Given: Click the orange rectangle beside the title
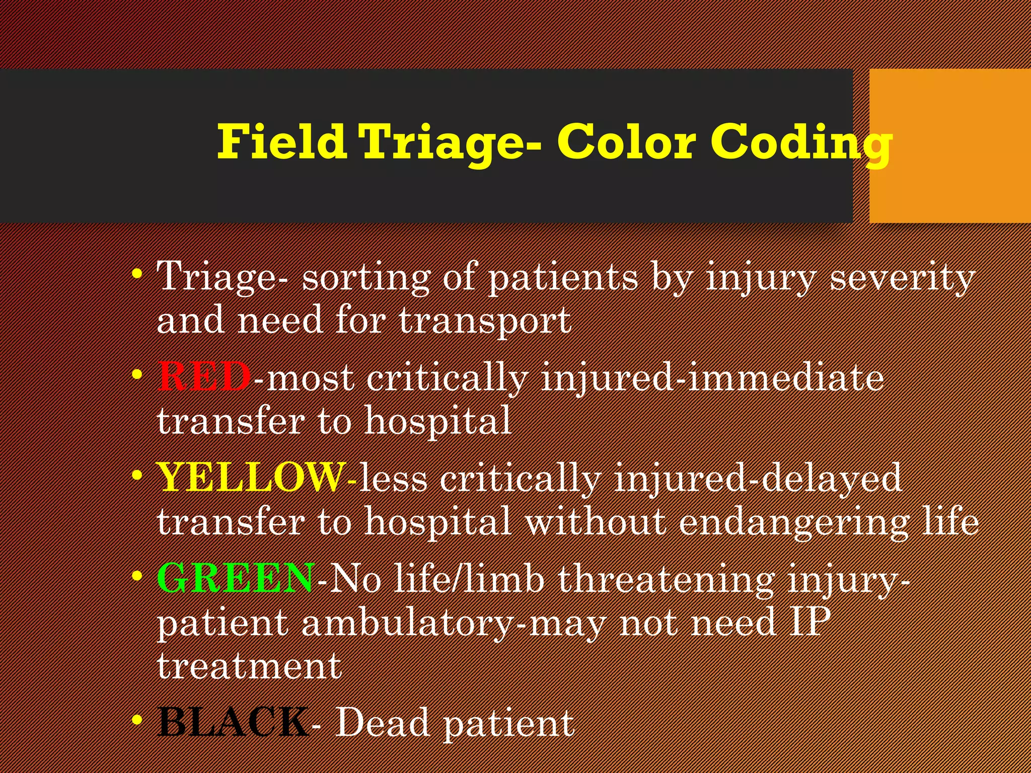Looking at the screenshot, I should [x=949, y=145].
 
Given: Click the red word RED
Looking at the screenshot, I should [x=204, y=376].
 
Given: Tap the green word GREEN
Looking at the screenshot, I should [x=236, y=578].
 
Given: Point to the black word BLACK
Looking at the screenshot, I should [x=233, y=722].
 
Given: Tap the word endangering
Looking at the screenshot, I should [x=794, y=522].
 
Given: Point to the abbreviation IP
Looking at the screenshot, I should [x=810, y=622].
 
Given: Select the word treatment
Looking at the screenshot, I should [x=250, y=666].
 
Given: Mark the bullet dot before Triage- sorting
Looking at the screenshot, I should [x=136, y=275].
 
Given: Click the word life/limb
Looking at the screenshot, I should [x=469, y=578].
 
